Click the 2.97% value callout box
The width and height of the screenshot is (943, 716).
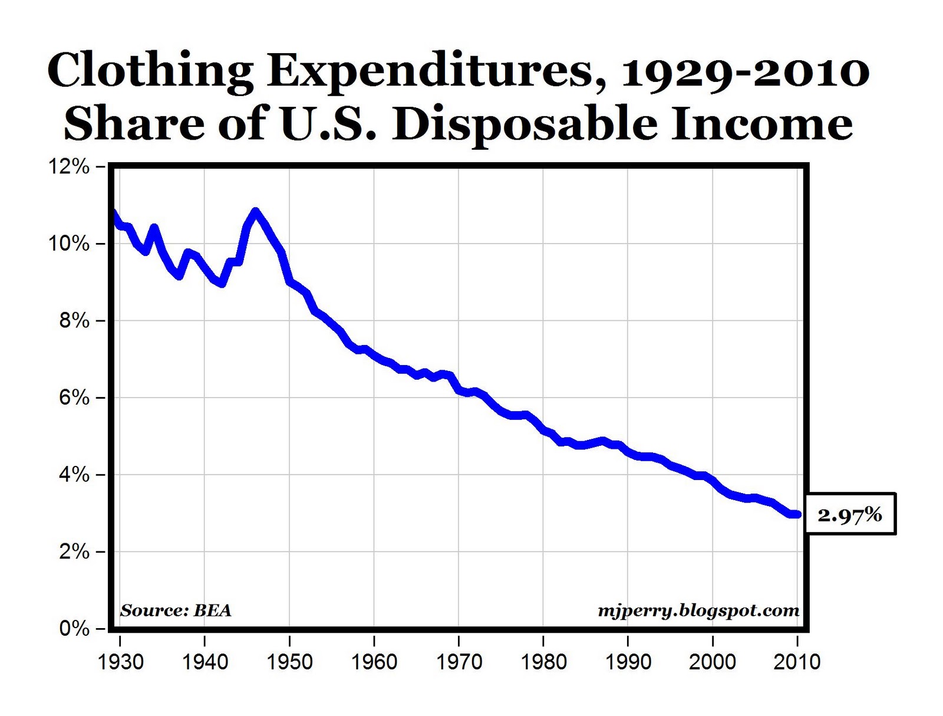(849, 514)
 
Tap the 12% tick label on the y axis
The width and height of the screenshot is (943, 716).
(70, 167)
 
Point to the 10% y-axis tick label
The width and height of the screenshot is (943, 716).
(70, 244)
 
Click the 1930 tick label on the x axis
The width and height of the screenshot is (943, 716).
(120, 662)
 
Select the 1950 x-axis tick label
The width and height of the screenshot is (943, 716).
(289, 662)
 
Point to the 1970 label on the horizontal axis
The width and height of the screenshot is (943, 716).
(459, 662)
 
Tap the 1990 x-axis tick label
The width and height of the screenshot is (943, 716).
(628, 662)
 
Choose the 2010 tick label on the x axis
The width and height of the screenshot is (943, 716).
(797, 662)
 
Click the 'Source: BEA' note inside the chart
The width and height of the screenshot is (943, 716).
(176, 610)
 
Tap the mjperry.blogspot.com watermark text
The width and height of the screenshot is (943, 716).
(698, 610)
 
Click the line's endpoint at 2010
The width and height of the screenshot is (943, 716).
(797, 514)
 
